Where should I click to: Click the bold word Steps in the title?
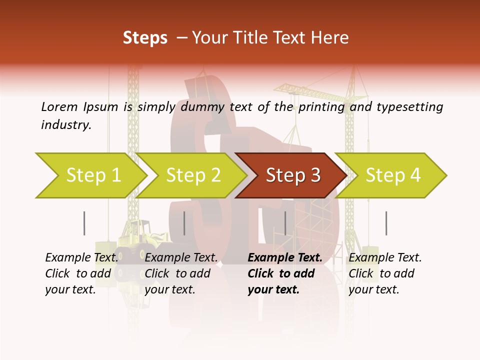click(x=145, y=38)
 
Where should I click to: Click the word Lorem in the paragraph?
click(x=59, y=106)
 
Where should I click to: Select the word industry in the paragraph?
click(x=65, y=125)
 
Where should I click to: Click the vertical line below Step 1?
click(x=84, y=223)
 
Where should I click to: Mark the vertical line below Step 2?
click(x=184, y=223)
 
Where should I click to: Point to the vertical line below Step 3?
click(x=285, y=223)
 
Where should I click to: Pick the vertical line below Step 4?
click(x=386, y=223)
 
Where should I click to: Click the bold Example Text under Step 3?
click(x=285, y=258)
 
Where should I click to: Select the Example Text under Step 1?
click(x=81, y=258)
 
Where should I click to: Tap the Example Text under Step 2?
click(x=181, y=258)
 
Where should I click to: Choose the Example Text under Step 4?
click(x=385, y=258)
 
